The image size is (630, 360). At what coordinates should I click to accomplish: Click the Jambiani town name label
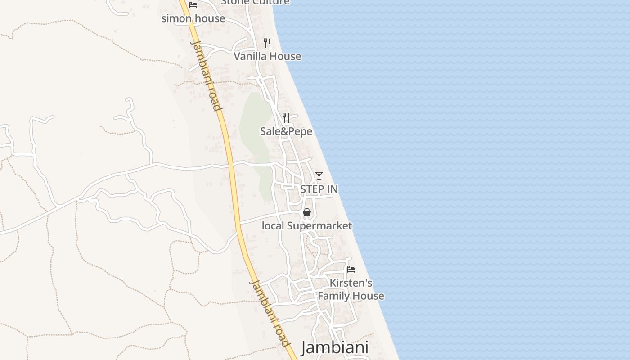point(334,347)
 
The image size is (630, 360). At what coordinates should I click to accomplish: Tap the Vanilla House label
point(267,56)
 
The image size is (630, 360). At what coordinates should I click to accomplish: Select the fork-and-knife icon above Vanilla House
point(267,43)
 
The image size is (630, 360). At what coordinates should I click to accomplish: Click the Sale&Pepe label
point(286,131)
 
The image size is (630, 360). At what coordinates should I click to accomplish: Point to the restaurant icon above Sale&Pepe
point(286,118)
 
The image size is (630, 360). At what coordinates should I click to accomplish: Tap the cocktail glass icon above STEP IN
point(319,175)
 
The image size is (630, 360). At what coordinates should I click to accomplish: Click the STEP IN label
point(319,189)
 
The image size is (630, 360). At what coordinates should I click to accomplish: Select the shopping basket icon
point(307,212)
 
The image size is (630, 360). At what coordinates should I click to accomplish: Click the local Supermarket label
point(307,226)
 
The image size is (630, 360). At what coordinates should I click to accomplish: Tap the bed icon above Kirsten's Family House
point(351,270)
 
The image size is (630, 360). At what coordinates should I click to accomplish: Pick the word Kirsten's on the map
point(351,283)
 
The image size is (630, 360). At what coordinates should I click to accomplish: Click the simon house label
point(193,18)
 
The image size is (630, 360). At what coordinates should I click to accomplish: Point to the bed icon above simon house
point(193,5)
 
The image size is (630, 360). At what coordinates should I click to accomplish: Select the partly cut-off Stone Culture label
point(255,2)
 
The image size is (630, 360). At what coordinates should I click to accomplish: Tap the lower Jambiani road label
point(270,313)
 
